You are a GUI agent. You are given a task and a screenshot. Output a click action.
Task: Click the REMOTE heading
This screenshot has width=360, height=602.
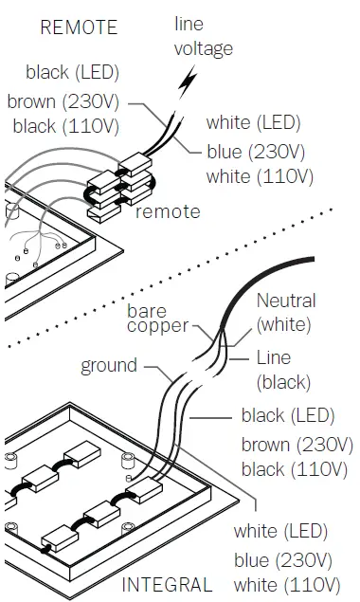(79, 27)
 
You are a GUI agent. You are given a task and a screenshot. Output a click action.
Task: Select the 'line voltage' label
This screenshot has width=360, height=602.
(203, 36)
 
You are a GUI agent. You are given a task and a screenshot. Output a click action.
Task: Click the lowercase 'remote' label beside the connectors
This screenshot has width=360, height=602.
(168, 211)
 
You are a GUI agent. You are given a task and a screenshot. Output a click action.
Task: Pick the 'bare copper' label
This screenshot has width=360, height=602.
(159, 319)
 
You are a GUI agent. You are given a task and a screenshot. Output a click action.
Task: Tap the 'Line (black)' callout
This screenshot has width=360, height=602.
(283, 370)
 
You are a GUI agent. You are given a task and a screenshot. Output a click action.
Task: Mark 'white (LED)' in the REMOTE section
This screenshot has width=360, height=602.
(253, 122)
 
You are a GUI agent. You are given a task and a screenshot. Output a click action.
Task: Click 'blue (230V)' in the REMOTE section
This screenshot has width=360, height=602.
(259, 150)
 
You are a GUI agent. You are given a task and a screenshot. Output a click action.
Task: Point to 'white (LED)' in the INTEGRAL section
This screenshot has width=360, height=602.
(279, 530)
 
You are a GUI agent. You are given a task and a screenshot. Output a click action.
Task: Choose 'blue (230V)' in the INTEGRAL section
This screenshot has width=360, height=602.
(285, 558)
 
